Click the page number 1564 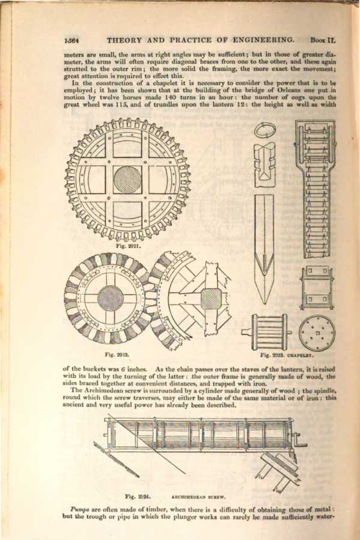pos(72,40)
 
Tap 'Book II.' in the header pos(323,40)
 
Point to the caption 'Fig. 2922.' pos(117,354)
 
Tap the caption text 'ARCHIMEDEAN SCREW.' pos(198,497)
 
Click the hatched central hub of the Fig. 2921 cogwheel pos(128,180)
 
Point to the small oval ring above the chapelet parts pos(265,131)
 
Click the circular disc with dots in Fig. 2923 pos(317,333)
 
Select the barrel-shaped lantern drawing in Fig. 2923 pos(267,332)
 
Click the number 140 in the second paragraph pos(172,97)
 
